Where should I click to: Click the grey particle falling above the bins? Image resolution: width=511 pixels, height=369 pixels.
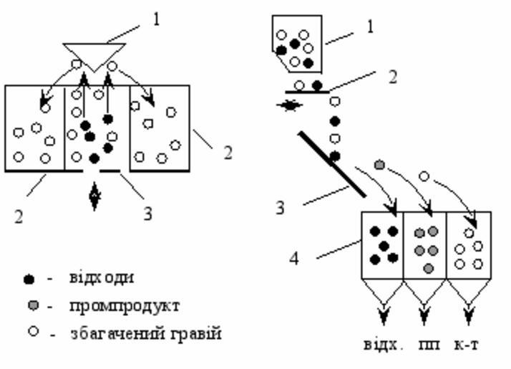[379, 166]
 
